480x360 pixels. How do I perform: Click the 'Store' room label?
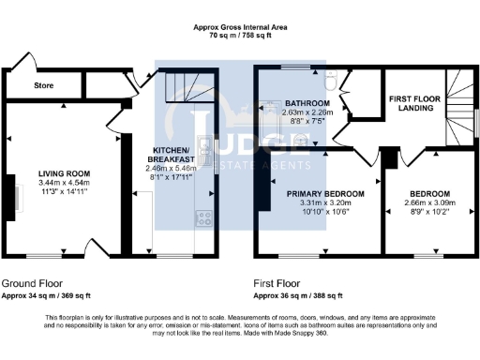click(43, 85)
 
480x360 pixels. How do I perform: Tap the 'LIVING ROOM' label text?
click(63, 173)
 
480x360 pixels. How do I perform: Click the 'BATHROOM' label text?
click(308, 102)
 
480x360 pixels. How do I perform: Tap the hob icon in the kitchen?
click(202, 219)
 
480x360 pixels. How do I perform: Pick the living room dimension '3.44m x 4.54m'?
click(63, 183)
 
